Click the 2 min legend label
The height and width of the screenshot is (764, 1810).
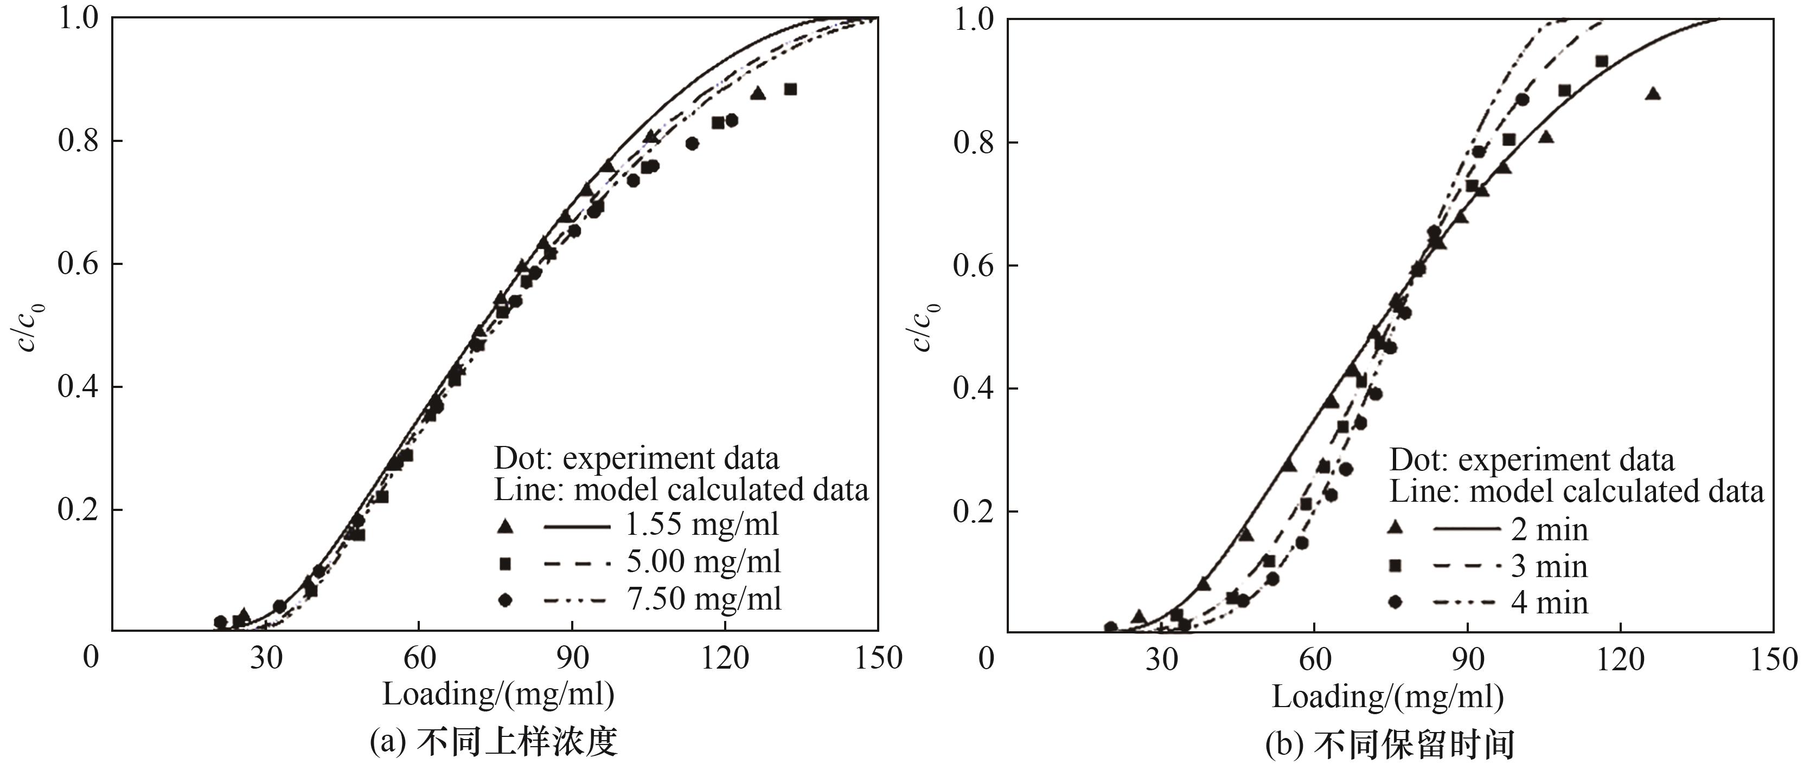1549,529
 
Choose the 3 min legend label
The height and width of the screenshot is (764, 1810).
1549,566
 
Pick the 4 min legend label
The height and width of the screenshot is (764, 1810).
1549,603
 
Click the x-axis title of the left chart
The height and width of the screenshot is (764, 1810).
498,694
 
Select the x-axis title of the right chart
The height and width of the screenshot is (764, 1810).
1387,696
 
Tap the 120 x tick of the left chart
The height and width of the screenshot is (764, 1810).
725,658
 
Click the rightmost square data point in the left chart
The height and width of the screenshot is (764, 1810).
790,89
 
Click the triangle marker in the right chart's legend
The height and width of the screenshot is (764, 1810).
1396,528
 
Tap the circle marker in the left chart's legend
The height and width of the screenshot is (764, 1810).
504,600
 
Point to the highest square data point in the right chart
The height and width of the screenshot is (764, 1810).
1601,62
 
